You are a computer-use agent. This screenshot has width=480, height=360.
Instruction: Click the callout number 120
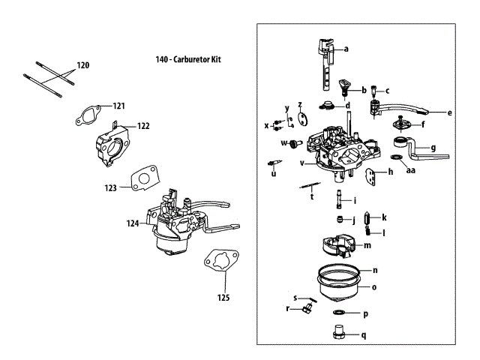[x=82, y=66]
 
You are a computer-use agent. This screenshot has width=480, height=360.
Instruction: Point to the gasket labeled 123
[x=141, y=180]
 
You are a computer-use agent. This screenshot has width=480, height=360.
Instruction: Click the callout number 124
[x=132, y=223]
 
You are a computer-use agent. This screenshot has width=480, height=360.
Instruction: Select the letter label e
[x=450, y=113]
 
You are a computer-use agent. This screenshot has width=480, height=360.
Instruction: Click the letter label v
[x=302, y=163]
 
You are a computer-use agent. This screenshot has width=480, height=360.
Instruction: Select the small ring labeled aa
[x=395, y=157]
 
